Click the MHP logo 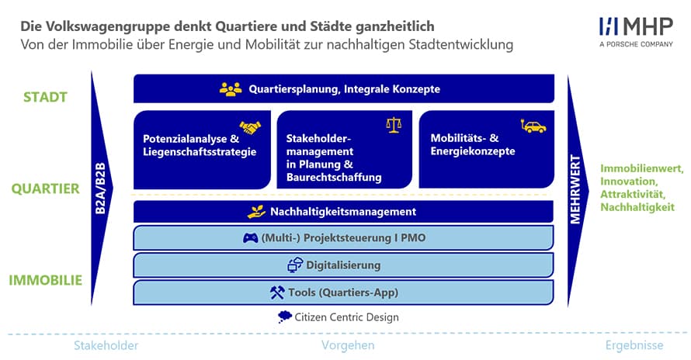636,32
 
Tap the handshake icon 250,127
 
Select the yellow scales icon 394,125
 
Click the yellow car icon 533,126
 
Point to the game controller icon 250,238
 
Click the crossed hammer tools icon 277,292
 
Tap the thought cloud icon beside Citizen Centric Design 285,317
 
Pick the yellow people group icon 231,89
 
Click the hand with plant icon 256,212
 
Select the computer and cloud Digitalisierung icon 295,265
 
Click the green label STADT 45,97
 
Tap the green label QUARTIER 45,189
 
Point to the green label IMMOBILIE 45,280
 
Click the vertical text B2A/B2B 100,189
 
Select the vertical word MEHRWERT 575,189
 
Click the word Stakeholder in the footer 106,345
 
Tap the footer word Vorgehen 348,345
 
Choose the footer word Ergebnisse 634,345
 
